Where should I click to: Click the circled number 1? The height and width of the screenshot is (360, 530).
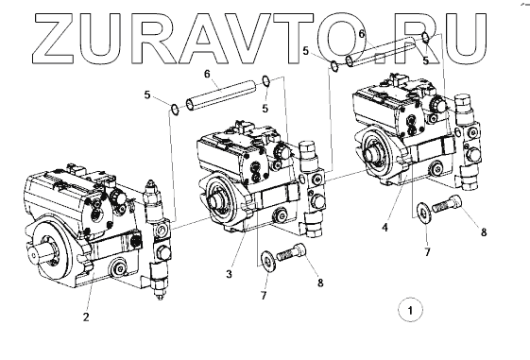(411, 310)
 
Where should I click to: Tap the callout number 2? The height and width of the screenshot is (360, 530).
(86, 317)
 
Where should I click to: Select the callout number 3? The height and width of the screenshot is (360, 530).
(230, 274)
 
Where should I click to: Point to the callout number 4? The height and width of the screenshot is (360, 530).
(385, 228)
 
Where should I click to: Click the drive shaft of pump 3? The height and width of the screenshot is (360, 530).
(214, 202)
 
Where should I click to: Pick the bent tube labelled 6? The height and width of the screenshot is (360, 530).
(382, 50)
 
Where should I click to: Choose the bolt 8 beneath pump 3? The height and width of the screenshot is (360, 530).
(292, 252)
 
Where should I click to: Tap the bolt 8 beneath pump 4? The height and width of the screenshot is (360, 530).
(446, 204)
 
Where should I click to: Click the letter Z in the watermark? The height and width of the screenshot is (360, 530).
(57, 38)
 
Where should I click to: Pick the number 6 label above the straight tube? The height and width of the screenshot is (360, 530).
(207, 74)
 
